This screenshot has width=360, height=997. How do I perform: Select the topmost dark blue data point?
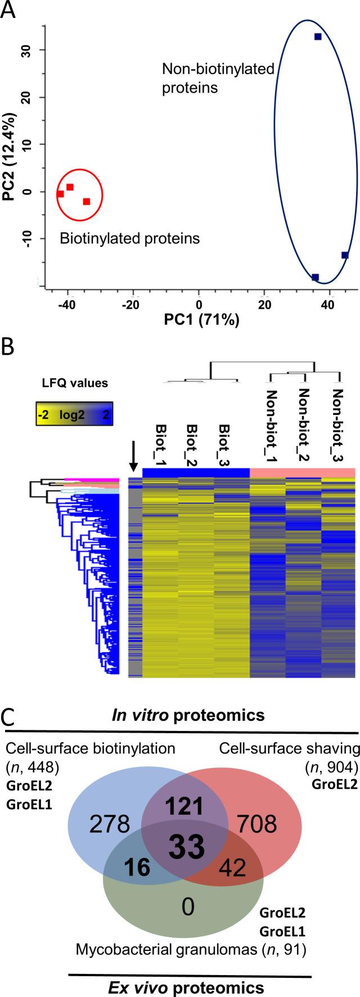(318, 37)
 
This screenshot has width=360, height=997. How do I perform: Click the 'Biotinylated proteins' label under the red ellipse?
(129, 238)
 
